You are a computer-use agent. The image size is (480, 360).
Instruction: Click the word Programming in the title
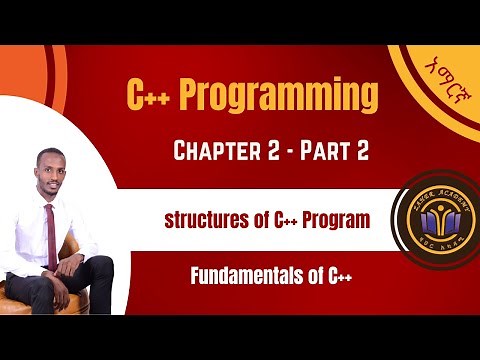click(283, 98)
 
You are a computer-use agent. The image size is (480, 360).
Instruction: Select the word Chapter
click(213, 151)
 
